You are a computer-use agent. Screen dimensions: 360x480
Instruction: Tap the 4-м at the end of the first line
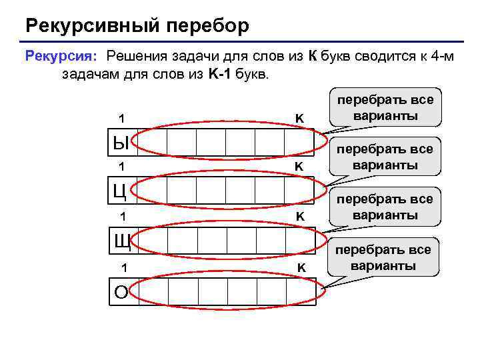coord(441,56)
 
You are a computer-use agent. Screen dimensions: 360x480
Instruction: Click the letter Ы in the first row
coord(120,141)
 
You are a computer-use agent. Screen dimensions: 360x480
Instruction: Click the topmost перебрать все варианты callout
coord(385,108)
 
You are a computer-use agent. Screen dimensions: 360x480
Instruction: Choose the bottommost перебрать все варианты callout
coord(384,257)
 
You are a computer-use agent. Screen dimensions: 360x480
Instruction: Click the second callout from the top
coord(385,157)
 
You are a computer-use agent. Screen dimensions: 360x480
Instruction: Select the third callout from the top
coord(385,207)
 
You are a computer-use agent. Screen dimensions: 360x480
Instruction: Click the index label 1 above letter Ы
coord(121,119)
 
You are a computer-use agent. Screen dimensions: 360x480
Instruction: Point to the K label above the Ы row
coord(299,119)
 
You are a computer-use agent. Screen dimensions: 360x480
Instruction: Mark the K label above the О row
coord(301,268)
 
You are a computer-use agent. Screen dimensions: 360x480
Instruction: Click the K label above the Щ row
coord(300,217)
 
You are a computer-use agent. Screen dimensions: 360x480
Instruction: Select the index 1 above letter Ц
coord(121,166)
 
